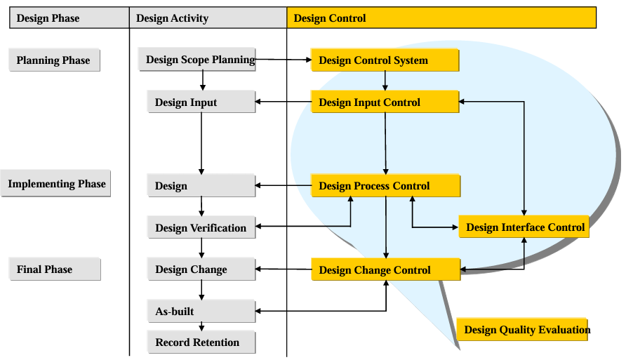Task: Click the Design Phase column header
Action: [x=69, y=18]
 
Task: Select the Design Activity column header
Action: [x=208, y=18]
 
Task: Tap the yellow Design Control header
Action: [x=441, y=18]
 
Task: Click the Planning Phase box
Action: [x=54, y=60]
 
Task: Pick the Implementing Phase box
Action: [x=55, y=184]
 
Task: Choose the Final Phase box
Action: [x=55, y=269]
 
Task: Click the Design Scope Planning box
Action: [x=197, y=60]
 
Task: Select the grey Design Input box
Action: [x=201, y=102]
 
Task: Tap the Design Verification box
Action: [x=201, y=227]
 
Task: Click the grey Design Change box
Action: [x=201, y=269]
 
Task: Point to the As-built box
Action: [x=201, y=311]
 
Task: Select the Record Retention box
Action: [x=201, y=342]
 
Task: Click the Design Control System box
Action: [x=385, y=60]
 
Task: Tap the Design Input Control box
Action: [x=385, y=102]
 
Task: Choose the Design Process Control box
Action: [x=386, y=185]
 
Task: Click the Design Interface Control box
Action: [x=524, y=227]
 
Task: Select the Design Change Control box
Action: [x=386, y=269]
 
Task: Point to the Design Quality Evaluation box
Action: [x=522, y=329]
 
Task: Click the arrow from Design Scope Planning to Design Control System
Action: [x=284, y=60]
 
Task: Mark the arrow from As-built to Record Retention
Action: [x=201, y=326]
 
